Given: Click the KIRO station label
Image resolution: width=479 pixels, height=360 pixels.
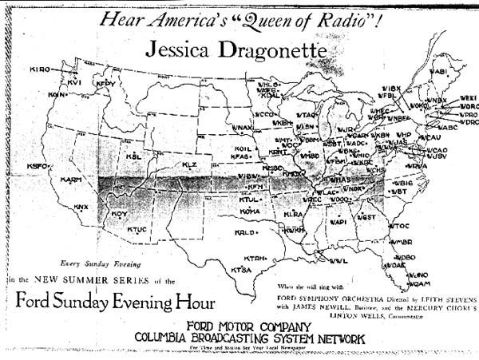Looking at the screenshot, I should click(x=40, y=69).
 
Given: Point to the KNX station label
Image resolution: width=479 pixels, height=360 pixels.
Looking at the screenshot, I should click(x=81, y=207).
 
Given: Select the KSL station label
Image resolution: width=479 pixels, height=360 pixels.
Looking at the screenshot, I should click(x=133, y=156).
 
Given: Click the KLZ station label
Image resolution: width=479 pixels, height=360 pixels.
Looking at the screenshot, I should click(x=189, y=164).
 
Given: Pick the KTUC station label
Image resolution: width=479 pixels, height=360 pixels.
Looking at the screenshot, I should click(x=138, y=230).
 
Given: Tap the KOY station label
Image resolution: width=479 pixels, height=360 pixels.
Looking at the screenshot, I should click(x=119, y=214).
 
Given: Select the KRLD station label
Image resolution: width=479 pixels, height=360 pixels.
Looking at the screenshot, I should click(x=244, y=232).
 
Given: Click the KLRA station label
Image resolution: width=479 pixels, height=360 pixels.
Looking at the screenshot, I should click(x=293, y=215).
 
